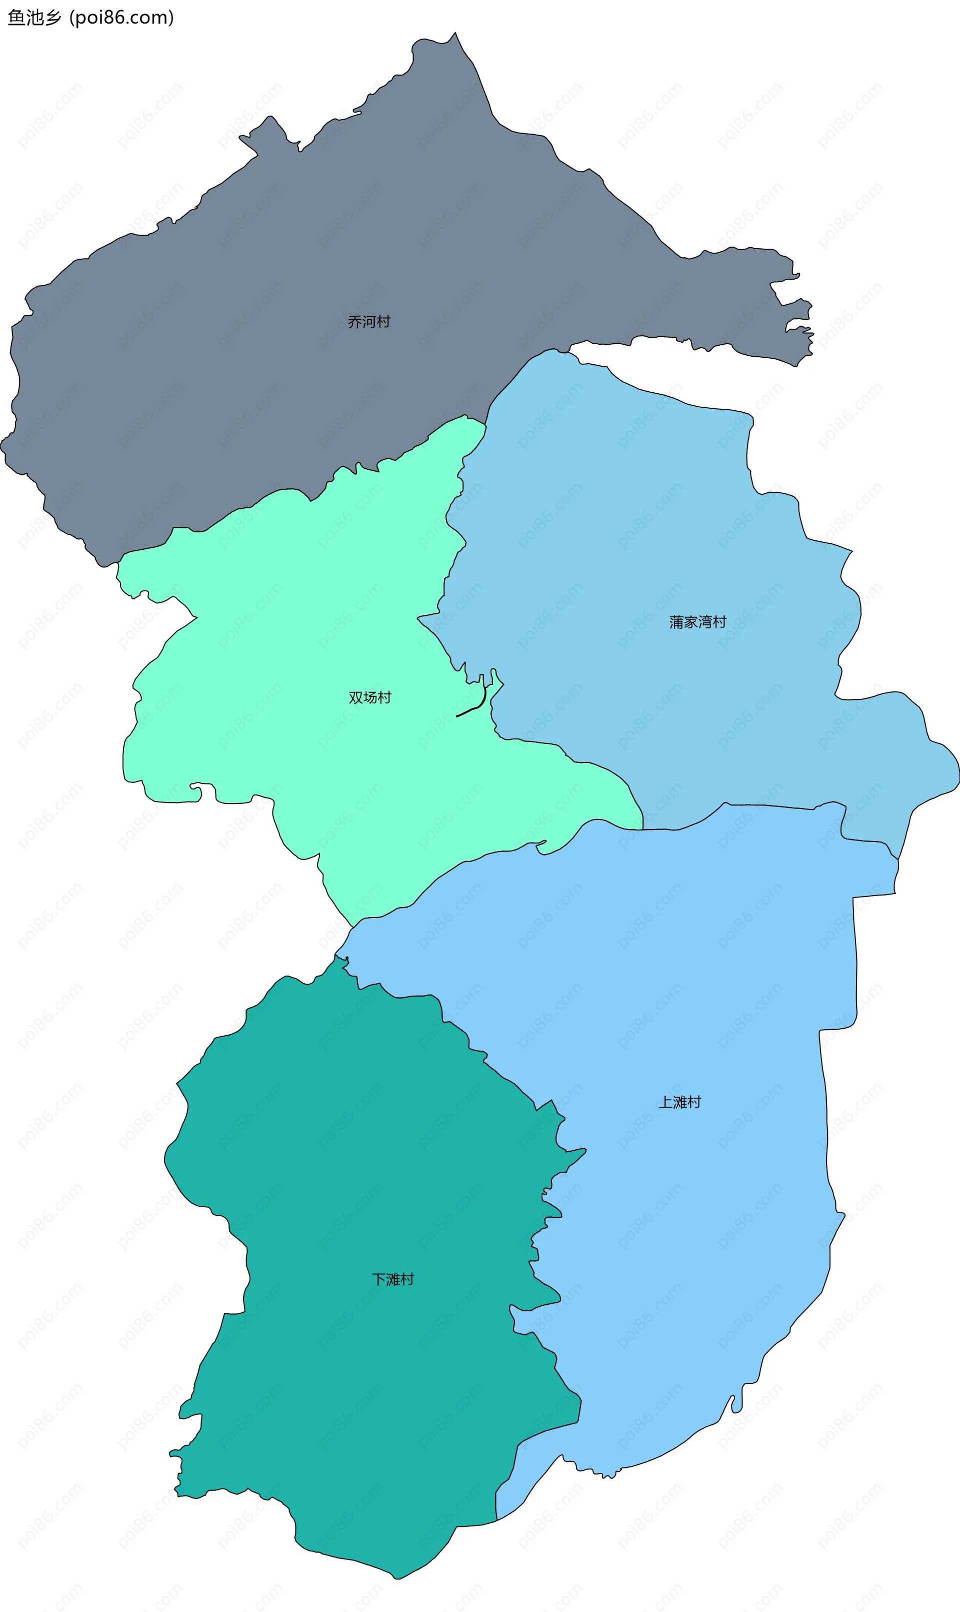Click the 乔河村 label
pyautogui.click(x=368, y=322)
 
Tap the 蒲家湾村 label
pyautogui.click(x=697, y=622)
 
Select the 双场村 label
pyautogui.click(x=369, y=697)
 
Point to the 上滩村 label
pyautogui.click(x=679, y=1102)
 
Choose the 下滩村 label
pyautogui.click(x=392, y=1279)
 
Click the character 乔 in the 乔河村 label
pyautogui.click(x=354, y=322)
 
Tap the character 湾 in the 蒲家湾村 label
pyautogui.click(x=704, y=622)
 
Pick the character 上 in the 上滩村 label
pyautogui.click(x=665, y=1102)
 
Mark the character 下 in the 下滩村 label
pyautogui.click(x=378, y=1279)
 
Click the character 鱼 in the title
pyautogui.click(x=15, y=18)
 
